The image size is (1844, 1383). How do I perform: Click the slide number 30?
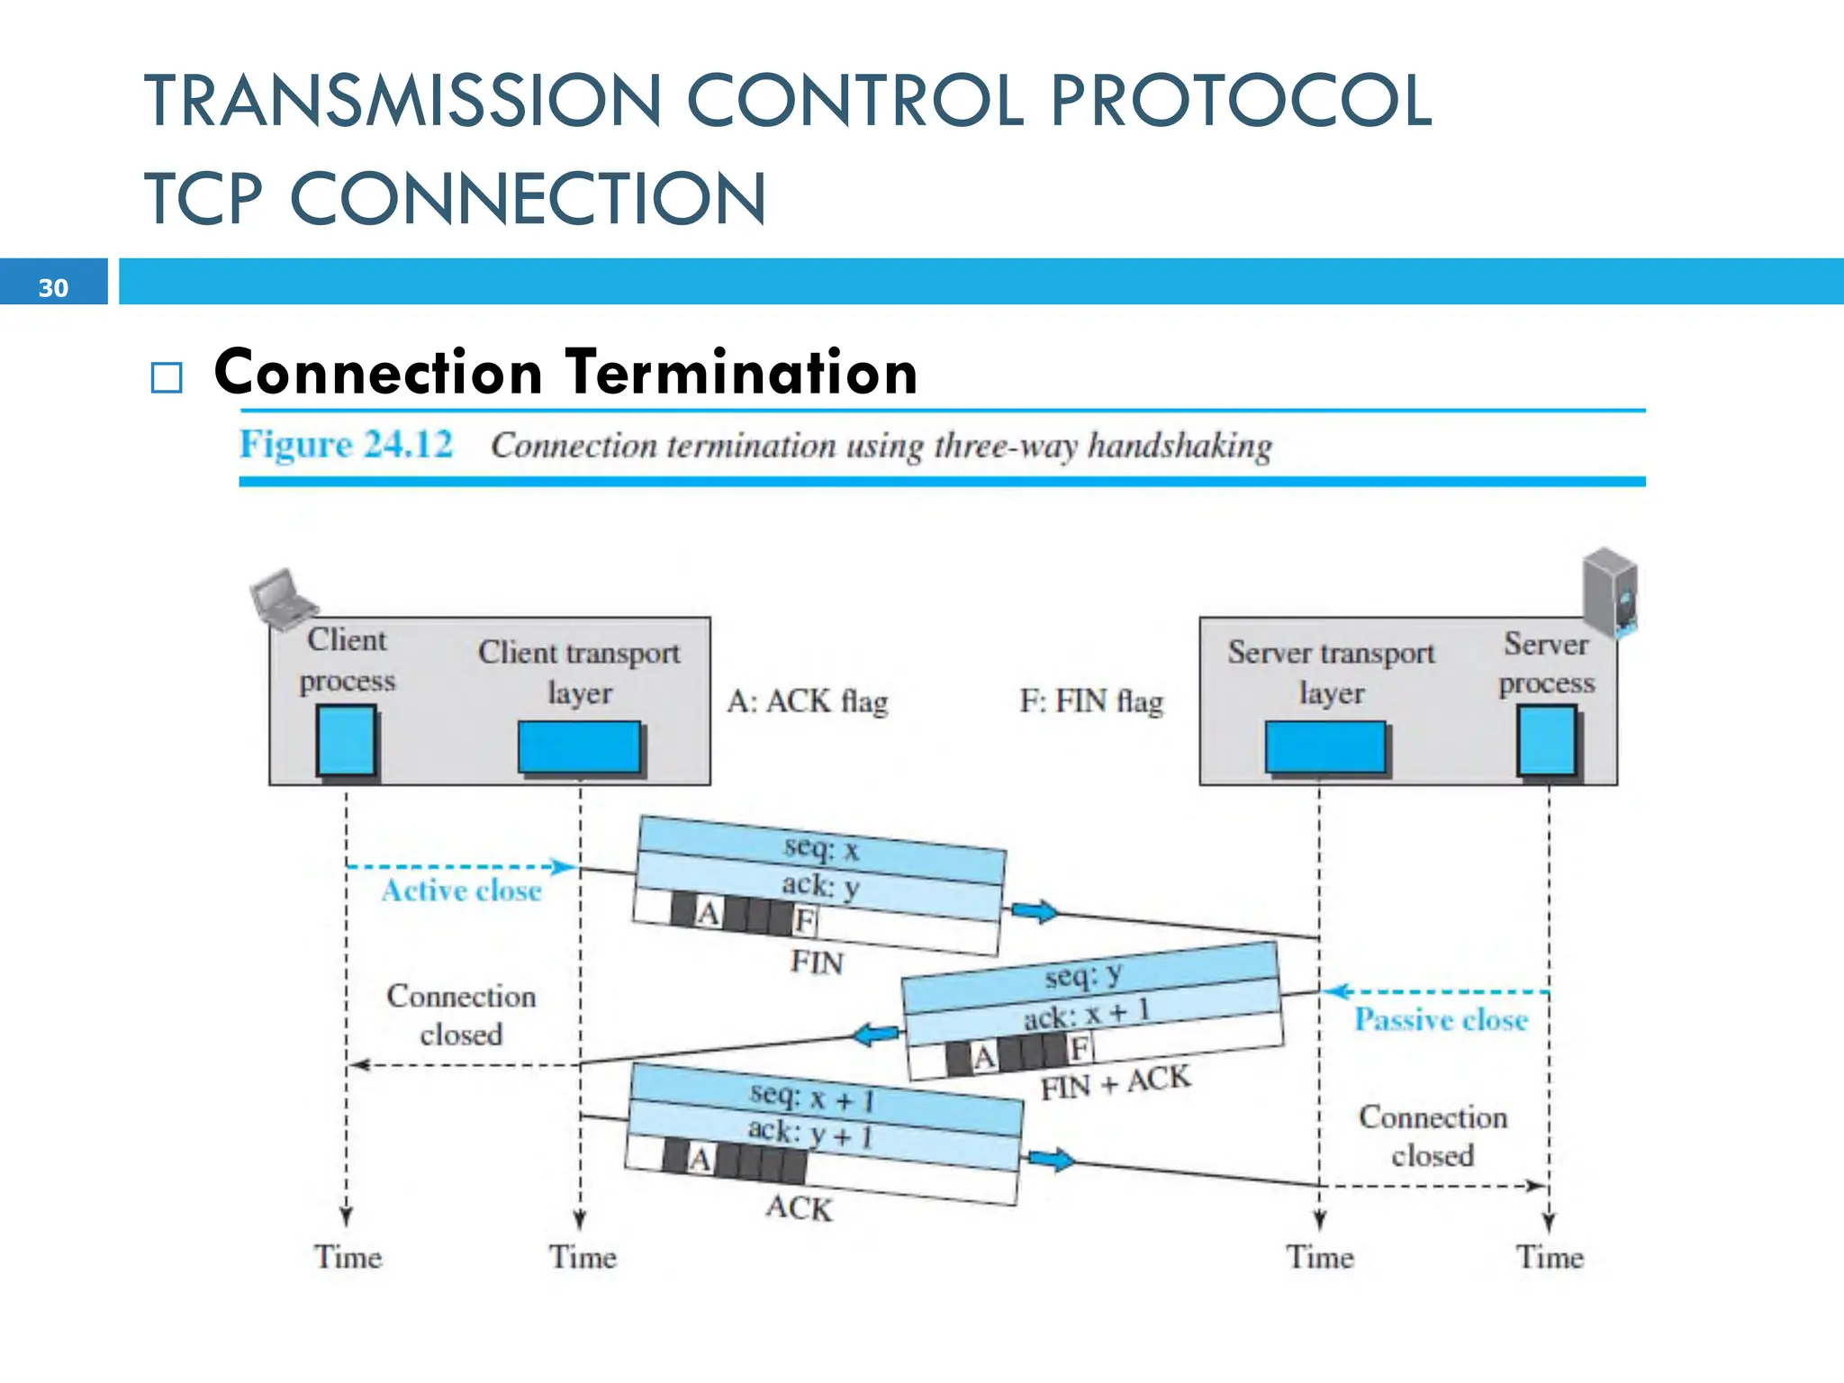[53, 287]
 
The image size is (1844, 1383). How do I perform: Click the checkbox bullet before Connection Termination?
[167, 377]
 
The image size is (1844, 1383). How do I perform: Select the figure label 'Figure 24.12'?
[346, 445]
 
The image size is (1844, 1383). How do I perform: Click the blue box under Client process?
[346, 741]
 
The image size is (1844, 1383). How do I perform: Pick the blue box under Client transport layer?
[579, 746]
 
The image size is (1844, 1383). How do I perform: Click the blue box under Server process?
[1547, 740]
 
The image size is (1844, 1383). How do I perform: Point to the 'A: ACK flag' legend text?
[808, 701]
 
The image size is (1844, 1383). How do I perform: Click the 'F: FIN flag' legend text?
[1091, 701]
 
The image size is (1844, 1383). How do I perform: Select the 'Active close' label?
[461, 890]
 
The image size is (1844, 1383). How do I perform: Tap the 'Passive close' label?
[1441, 1019]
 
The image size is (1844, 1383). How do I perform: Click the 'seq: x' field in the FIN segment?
[821, 848]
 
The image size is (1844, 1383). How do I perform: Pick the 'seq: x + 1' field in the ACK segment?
[812, 1098]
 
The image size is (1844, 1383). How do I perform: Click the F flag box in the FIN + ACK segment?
[1079, 1048]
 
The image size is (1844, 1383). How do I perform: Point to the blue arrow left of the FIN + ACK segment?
[876, 1035]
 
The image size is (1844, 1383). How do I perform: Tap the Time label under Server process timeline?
[1550, 1257]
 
